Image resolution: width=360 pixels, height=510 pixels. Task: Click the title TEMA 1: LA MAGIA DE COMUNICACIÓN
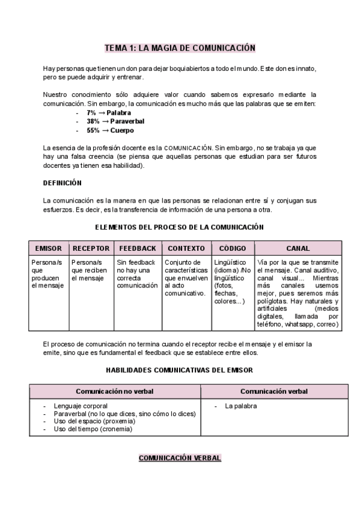180,48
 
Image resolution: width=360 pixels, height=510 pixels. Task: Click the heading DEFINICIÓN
63,183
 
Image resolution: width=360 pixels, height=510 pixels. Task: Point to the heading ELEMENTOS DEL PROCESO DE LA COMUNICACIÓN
180,227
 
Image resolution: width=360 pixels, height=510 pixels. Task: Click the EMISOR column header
49,248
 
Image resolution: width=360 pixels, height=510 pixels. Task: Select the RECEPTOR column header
91,248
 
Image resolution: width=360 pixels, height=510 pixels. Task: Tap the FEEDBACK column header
138,248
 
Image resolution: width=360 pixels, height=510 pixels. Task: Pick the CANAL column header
298,248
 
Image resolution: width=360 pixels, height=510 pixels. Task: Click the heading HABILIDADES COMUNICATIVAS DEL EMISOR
179,370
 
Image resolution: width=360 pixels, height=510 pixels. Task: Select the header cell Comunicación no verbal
115,392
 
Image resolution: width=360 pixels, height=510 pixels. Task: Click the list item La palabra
241,407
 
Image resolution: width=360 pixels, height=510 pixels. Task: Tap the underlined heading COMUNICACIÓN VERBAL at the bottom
180,458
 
